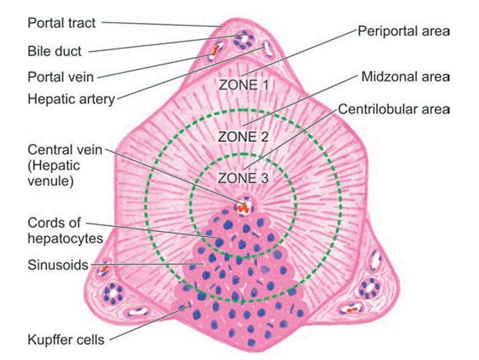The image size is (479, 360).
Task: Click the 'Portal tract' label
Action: [62, 23]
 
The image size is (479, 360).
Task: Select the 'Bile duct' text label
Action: [54, 51]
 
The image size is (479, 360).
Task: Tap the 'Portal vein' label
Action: [60, 77]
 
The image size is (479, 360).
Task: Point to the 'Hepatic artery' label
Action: [71, 99]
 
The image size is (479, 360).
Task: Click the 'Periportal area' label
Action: [403, 31]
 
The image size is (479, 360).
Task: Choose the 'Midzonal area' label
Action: [405, 77]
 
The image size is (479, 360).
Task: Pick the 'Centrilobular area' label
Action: [393, 109]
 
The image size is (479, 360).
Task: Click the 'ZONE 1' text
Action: [244, 85]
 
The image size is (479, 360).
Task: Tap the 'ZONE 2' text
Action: [243, 137]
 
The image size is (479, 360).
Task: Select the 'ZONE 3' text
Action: [243, 178]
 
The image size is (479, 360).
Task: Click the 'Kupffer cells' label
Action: [66, 340]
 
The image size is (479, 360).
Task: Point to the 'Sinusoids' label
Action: [58, 265]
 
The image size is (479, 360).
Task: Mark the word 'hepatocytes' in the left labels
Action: [65, 239]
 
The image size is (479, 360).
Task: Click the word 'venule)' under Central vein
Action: [50, 181]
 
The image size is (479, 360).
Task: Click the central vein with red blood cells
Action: [244, 205]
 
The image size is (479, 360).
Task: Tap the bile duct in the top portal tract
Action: [244, 39]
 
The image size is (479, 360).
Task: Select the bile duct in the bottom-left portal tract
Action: [112, 293]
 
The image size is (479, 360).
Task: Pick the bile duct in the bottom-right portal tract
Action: [370, 288]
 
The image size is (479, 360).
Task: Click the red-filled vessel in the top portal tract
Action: [216, 50]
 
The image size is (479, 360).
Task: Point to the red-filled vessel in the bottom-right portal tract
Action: [351, 308]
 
